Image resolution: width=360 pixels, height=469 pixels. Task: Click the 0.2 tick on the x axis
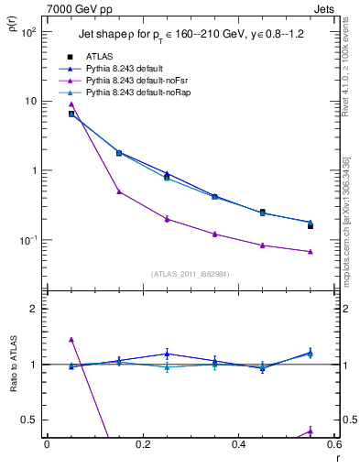142,444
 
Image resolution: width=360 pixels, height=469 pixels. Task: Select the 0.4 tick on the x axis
238,444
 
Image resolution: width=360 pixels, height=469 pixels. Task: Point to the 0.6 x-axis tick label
333,444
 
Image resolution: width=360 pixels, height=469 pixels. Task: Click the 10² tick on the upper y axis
28,32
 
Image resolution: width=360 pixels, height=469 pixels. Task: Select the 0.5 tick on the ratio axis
29,420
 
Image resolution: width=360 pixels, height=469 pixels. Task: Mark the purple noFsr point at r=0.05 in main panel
71,104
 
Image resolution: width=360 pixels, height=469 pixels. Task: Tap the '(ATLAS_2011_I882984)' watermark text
191,274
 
